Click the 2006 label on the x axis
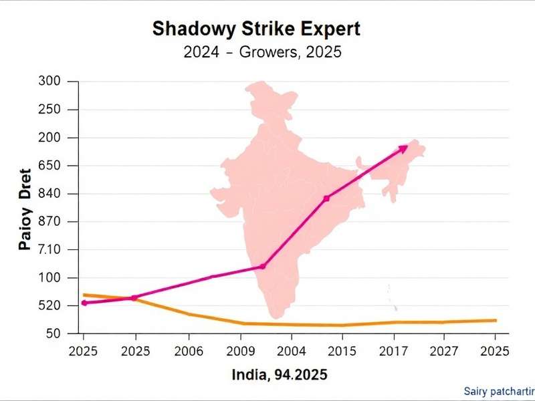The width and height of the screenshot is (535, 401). pyautogui.click(x=189, y=351)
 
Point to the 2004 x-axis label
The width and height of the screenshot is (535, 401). pyautogui.click(x=292, y=351)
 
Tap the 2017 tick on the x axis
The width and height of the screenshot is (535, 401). pyautogui.click(x=395, y=351)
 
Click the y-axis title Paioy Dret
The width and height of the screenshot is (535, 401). pyautogui.click(x=25, y=209)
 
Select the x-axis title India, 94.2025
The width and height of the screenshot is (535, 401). pyautogui.click(x=280, y=375)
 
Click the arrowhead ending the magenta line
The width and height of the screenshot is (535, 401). pyautogui.click(x=404, y=147)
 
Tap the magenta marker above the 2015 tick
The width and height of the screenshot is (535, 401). pyautogui.click(x=326, y=198)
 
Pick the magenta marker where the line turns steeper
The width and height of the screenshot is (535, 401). pyautogui.click(x=262, y=267)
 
